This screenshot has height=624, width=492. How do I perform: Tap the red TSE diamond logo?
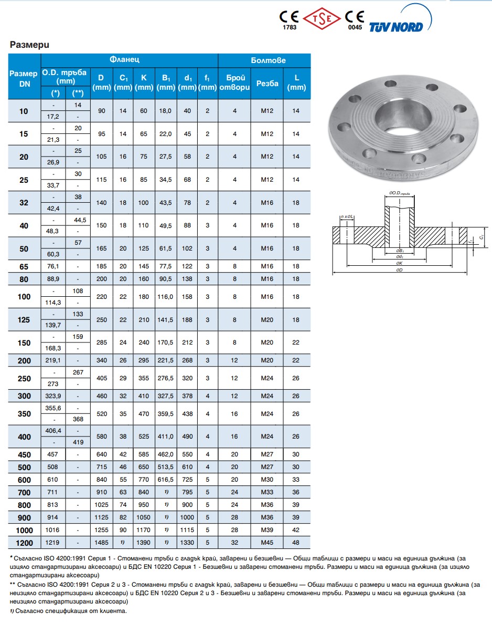coord(322,18)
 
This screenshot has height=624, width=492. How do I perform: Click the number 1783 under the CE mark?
coord(290,27)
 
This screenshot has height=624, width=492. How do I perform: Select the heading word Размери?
coord(29,45)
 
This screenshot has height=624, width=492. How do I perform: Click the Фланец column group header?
coord(124,60)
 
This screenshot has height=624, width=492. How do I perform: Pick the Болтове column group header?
coord(268,60)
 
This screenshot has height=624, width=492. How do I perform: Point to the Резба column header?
coord(267,83)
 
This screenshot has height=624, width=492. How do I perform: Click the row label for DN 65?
coord(24,267)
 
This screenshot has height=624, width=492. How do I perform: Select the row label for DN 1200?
coord(24,543)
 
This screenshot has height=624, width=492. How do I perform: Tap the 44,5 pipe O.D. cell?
coord(80,220)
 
